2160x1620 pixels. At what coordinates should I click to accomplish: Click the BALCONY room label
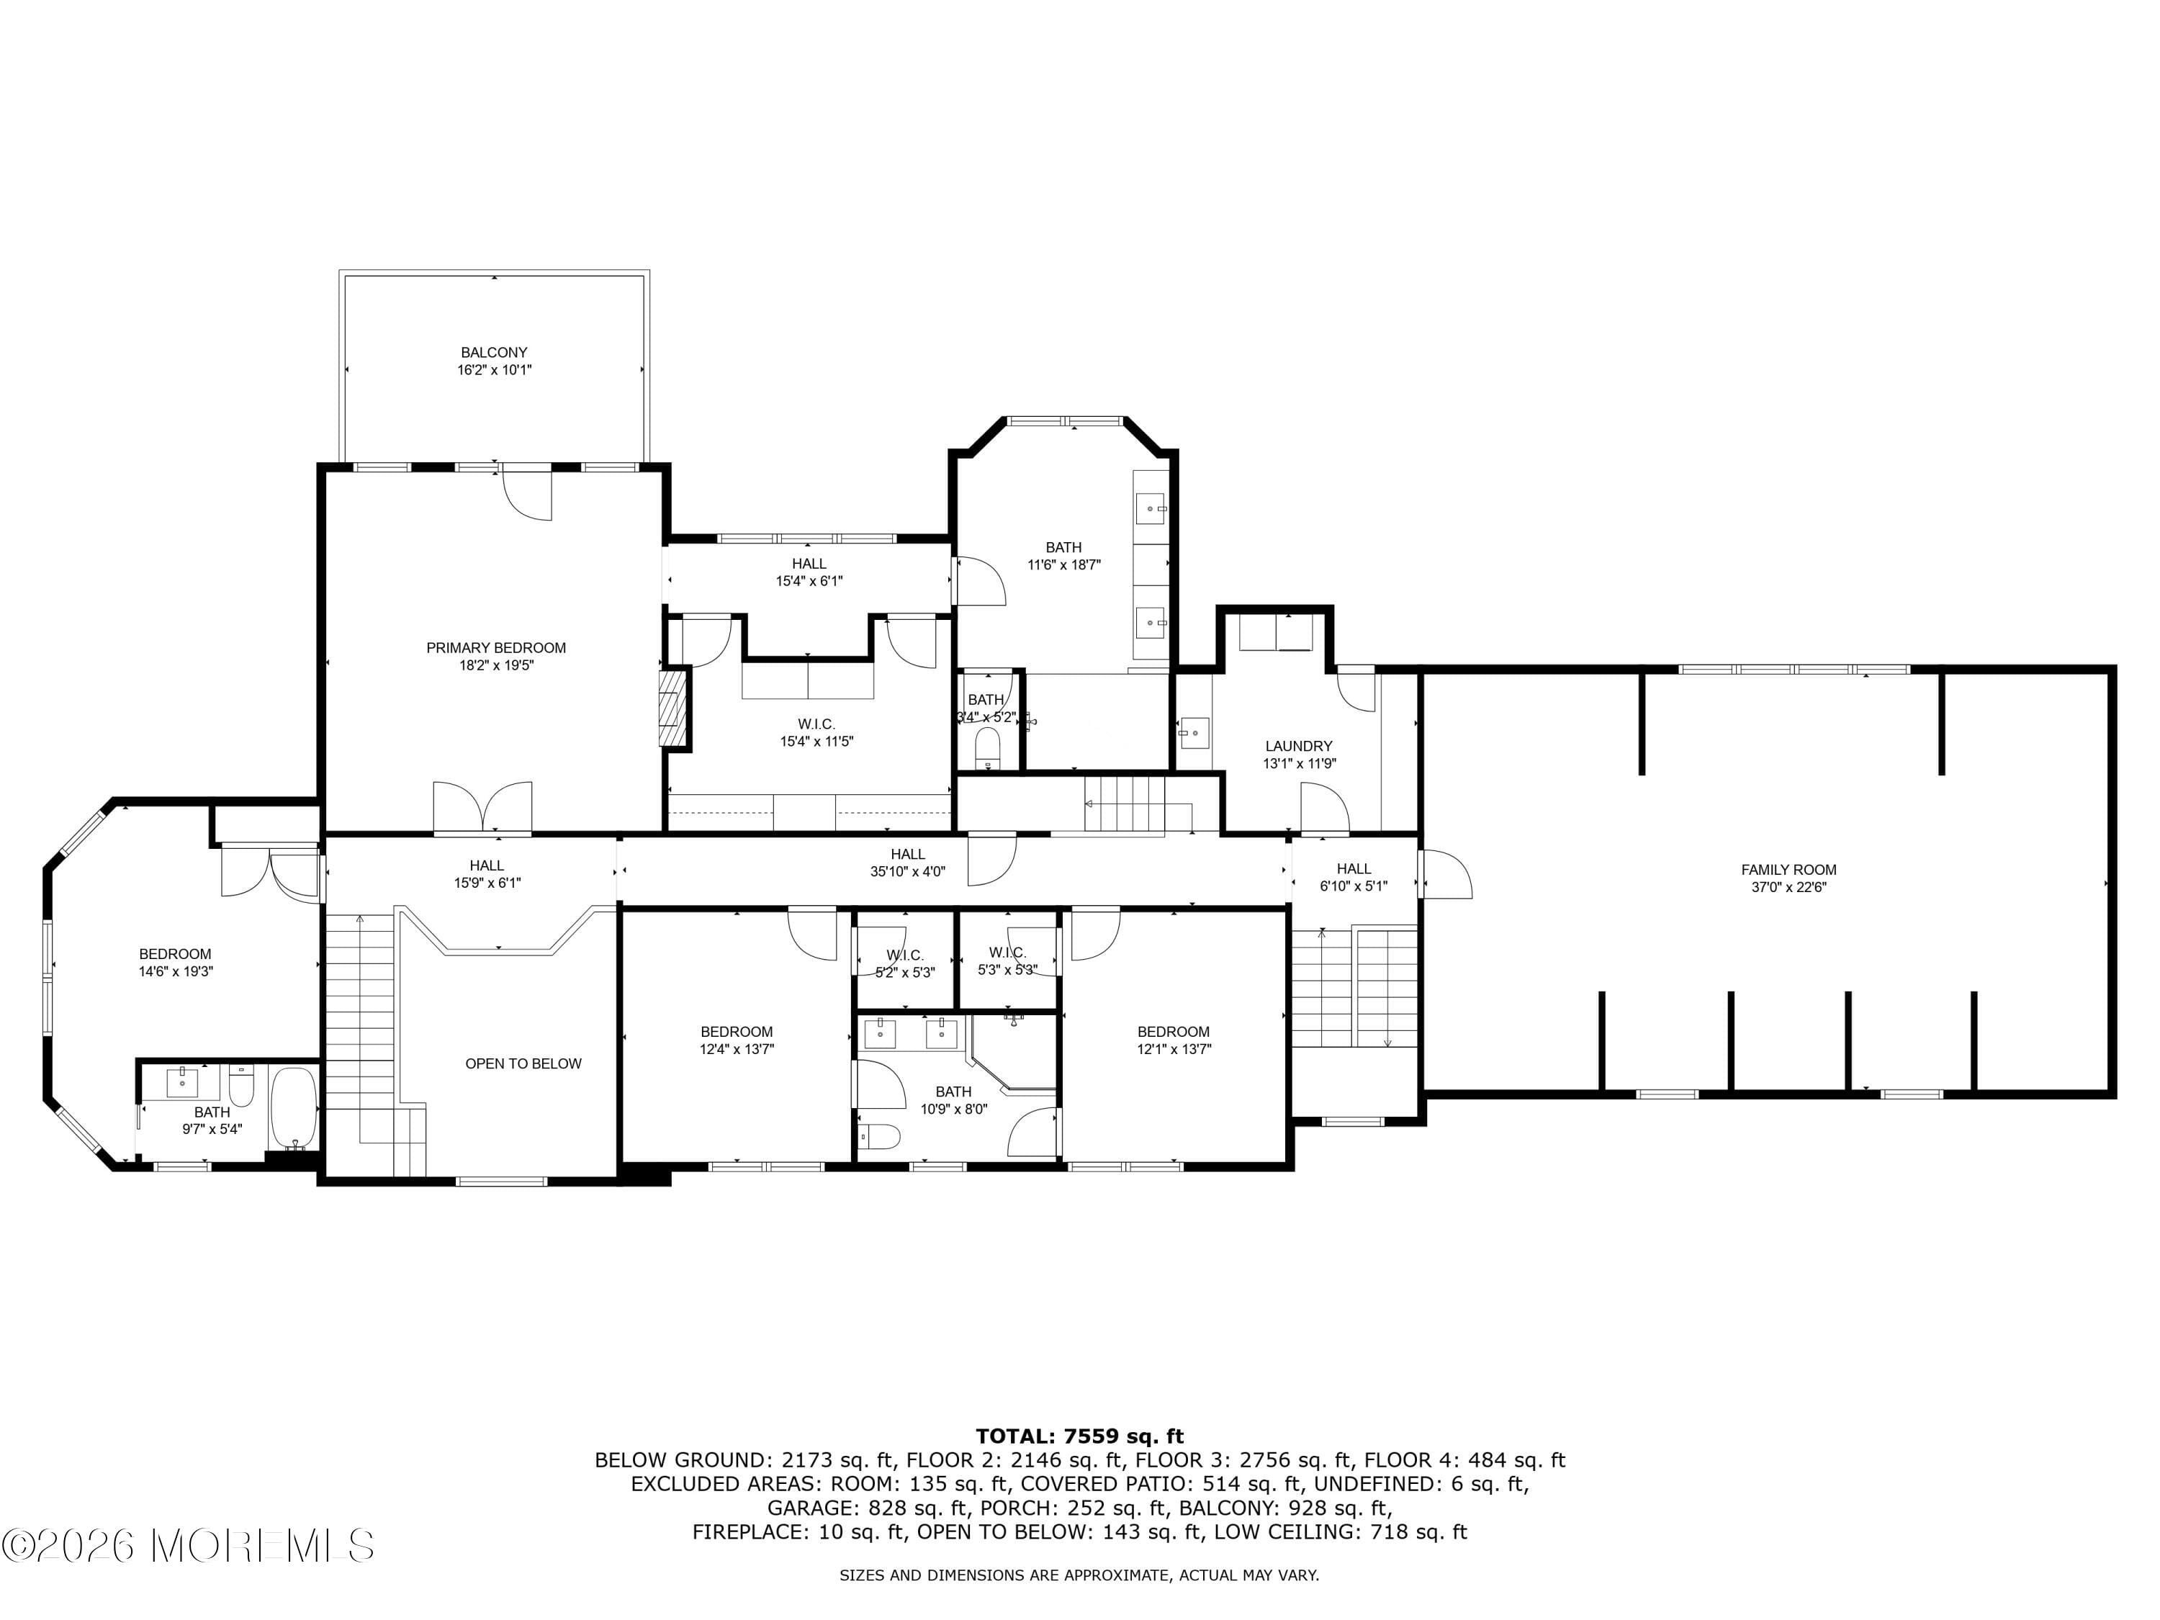pos(494,353)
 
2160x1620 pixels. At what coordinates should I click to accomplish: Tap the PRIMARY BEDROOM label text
pos(496,647)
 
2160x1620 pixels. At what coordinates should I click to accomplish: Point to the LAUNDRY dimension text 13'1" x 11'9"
pos(1299,764)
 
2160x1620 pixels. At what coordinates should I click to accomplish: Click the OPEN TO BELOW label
pos(523,1063)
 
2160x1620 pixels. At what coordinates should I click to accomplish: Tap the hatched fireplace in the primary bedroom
pos(672,708)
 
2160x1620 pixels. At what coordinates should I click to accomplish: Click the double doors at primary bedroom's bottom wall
pos(482,809)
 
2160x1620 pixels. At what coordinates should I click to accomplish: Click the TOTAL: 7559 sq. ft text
pos(1079,1436)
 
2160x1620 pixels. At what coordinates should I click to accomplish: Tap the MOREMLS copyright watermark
pos(187,1546)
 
